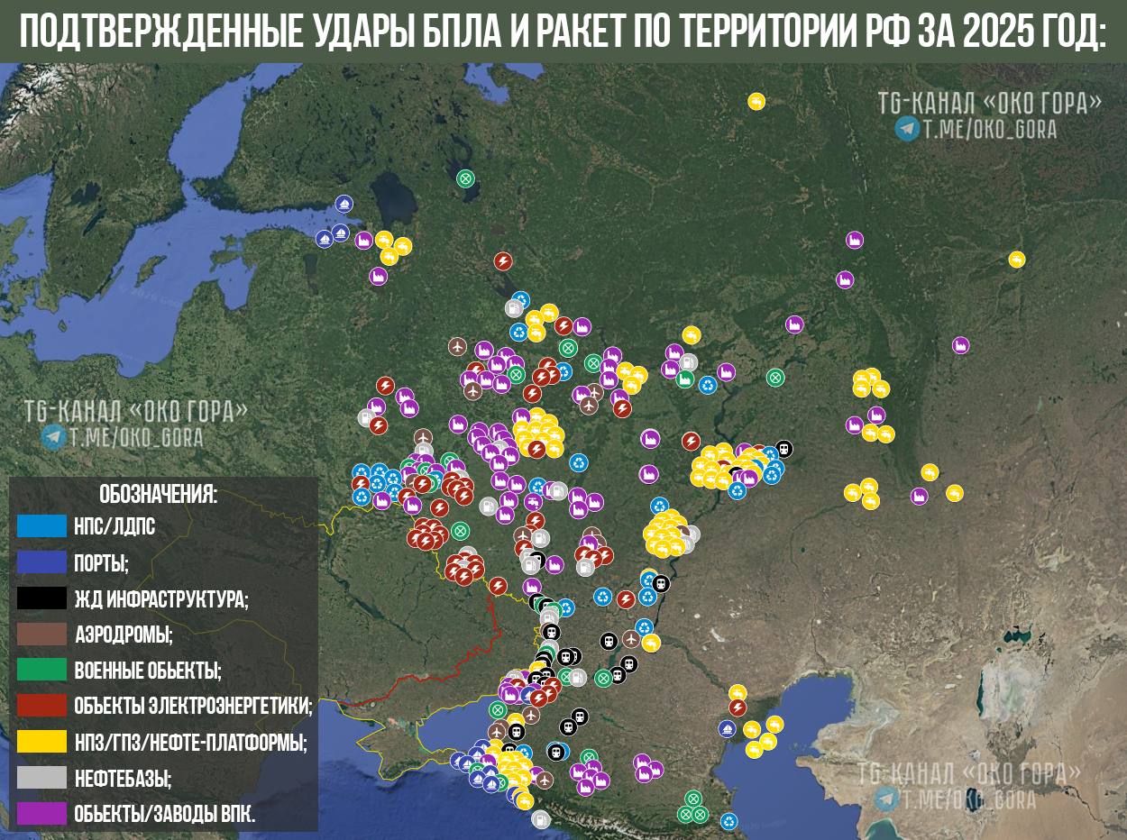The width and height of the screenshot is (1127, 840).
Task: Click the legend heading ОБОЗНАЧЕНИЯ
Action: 159,494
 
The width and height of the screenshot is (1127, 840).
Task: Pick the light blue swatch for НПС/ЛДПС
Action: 41,526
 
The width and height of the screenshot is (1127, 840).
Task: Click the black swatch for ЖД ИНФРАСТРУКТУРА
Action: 41,598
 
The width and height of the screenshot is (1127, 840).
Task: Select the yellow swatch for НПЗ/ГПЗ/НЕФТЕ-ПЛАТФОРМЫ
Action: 41,742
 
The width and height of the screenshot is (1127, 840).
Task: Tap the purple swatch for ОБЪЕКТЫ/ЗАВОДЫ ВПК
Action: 41,814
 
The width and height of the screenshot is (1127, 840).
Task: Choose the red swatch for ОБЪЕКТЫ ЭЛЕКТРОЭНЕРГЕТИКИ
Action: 41,706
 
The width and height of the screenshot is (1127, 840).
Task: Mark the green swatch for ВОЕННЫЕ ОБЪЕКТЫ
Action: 41,670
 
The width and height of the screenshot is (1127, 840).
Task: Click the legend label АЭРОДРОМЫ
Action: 124,635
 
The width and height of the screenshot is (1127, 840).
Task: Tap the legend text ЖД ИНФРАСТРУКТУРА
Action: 161,598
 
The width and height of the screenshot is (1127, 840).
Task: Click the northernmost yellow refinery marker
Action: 756,101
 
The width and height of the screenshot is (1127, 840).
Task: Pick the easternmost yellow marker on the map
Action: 1017,260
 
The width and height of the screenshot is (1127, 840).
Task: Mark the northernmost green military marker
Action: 465,178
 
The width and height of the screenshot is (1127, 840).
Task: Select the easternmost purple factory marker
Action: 961,344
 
